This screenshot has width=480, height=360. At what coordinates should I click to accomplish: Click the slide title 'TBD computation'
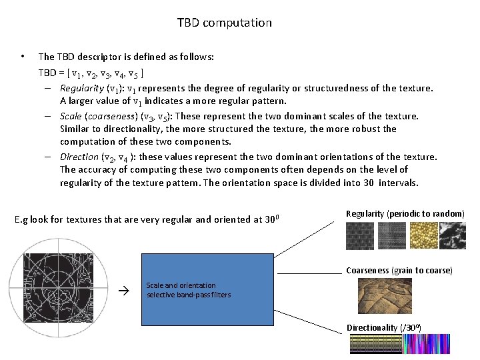click(224, 23)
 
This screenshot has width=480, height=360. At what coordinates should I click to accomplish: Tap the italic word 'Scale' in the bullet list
click(71, 116)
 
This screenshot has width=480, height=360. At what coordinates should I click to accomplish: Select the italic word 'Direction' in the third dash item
click(79, 157)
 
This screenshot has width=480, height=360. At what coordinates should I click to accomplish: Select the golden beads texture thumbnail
click(421, 235)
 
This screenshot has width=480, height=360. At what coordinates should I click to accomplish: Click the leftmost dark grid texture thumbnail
click(360, 235)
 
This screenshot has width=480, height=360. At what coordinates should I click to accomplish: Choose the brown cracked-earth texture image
click(385, 296)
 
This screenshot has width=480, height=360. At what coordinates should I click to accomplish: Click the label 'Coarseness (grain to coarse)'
click(399, 271)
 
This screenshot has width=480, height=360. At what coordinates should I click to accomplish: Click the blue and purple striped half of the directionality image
click(432, 343)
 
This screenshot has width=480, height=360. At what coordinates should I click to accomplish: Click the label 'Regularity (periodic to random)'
click(405, 213)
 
